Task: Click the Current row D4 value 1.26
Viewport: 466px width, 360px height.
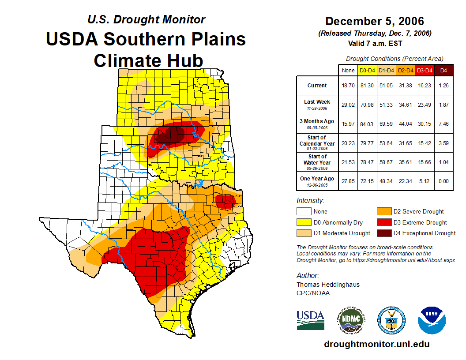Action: tap(443, 86)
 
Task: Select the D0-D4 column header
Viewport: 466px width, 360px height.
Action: tap(368, 70)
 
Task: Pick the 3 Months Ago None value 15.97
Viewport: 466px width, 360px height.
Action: tap(348, 124)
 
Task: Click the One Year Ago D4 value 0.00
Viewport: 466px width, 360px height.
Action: tap(443, 181)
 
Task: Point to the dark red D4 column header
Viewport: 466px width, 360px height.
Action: tap(443, 70)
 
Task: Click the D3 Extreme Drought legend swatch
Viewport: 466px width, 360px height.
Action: tap(383, 222)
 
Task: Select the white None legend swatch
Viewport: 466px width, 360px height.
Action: tap(304, 212)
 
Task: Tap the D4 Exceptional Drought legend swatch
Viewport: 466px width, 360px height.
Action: tap(383, 233)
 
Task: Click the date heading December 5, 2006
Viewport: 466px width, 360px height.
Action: tap(375, 21)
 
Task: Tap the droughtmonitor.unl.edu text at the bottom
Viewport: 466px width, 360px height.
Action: tap(376, 344)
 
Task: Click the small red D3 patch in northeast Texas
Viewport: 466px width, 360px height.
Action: tap(225, 202)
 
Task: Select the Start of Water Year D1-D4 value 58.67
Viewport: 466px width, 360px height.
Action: tap(387, 162)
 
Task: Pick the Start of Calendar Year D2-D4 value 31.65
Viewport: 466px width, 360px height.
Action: tap(406, 143)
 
